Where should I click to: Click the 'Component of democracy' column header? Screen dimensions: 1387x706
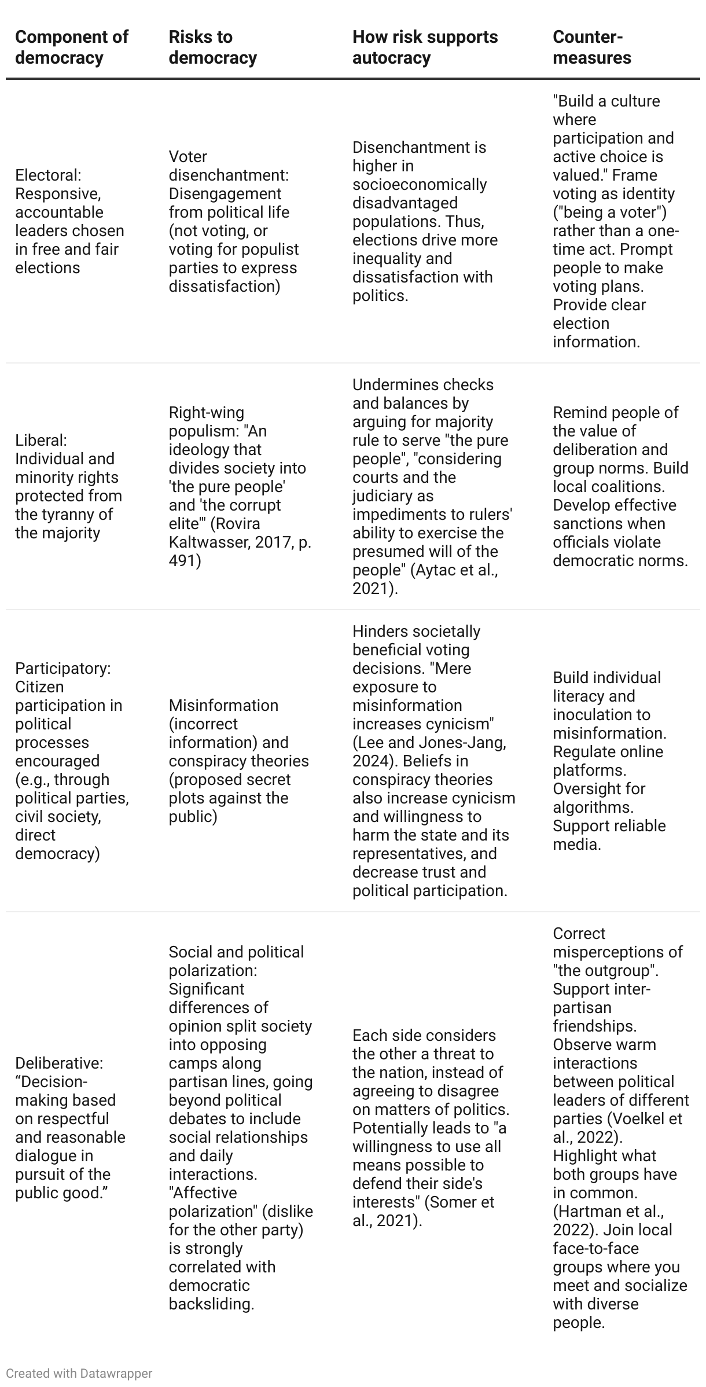pos(71,47)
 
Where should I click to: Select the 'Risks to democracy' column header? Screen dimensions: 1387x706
pos(212,47)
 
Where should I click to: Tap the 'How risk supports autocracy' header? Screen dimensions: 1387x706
pos(425,47)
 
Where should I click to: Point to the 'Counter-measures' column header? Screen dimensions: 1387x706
pos(591,47)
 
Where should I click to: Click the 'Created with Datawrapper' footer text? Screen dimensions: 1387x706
pos(79,1373)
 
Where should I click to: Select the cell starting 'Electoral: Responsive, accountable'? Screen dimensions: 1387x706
pos(69,221)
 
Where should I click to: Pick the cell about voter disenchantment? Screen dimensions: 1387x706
pos(233,221)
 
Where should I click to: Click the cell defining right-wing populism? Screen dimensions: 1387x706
pos(240,486)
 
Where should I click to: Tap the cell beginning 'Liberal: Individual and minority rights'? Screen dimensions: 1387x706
pos(68,486)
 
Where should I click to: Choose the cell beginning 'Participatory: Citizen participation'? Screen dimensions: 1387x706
pos(71,761)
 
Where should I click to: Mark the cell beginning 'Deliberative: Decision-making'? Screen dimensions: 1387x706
pos(70,1128)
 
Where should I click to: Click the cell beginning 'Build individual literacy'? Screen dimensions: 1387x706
pos(609,761)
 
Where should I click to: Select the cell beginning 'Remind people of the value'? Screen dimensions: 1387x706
pos(620,486)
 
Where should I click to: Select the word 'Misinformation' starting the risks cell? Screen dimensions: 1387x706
pos(223,705)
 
